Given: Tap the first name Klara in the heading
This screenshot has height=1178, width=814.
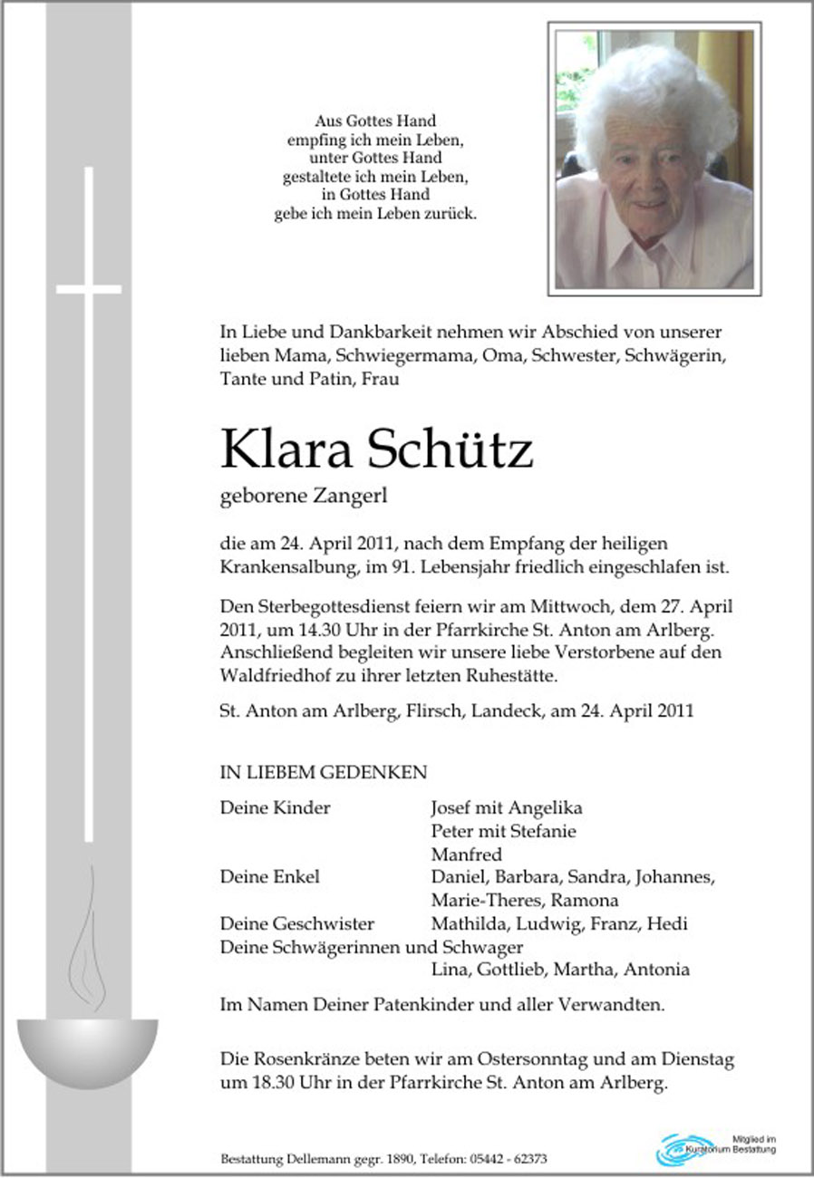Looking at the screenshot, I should click(x=286, y=450).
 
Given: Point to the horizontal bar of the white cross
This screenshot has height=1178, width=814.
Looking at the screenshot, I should click(x=89, y=289).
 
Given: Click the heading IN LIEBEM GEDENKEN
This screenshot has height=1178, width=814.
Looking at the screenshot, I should click(x=323, y=773).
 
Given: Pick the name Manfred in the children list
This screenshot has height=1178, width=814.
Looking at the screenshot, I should click(x=466, y=855).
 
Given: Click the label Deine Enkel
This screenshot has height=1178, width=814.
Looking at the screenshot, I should click(x=269, y=877).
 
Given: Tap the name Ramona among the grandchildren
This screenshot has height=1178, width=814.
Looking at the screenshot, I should click(x=589, y=901).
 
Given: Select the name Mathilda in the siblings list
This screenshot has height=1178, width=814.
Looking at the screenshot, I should click(x=469, y=924).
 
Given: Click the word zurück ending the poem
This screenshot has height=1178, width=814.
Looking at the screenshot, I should click(x=453, y=215).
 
